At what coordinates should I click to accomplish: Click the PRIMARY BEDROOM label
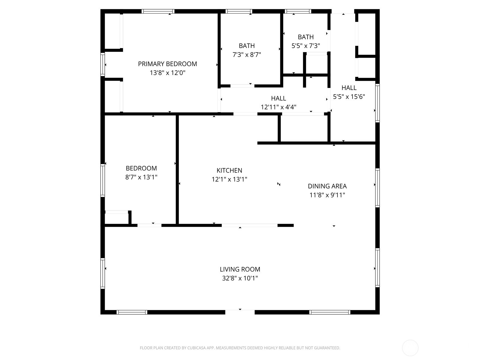pos(167,64)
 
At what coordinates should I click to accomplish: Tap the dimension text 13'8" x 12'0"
pos(167,73)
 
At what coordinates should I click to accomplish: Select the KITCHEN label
pos(229,170)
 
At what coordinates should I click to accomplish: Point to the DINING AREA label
pos(327,186)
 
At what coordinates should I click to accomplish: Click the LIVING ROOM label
pos(240,269)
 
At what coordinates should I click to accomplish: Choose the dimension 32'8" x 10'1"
pos(240,278)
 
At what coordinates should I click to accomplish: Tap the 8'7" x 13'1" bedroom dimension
pos(141,177)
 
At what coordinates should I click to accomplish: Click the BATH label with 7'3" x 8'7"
pos(247,46)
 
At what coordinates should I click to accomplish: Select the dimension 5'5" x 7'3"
pos(306,46)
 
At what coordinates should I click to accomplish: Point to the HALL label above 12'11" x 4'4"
pos(278,98)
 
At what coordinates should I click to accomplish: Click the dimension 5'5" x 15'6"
pos(349,97)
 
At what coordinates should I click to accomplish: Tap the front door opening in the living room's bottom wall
pos(240,312)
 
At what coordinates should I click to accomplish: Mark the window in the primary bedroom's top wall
pos(158,11)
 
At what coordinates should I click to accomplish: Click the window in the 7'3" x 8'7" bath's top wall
pos(239,11)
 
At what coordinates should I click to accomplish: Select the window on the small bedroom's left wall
pos(103,180)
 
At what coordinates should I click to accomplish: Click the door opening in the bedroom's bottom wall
pos(149,225)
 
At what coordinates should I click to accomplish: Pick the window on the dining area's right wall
pos(377,187)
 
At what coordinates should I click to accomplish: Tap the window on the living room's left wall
pos(103,273)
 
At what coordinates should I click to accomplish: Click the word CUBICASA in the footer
pos(196,348)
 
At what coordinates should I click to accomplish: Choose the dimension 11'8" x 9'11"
pos(327,195)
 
